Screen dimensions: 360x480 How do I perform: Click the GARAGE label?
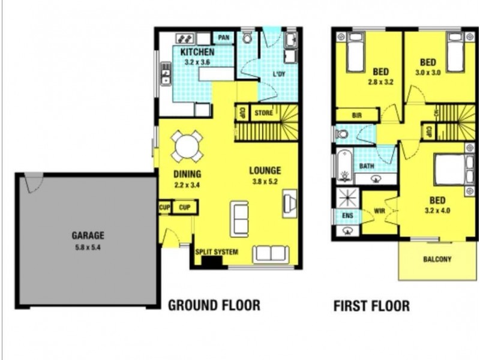click(x=88, y=236)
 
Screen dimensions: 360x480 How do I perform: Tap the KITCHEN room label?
click(x=197, y=52)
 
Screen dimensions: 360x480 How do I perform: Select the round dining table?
click(x=187, y=146)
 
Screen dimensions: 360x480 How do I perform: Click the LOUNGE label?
click(x=265, y=171)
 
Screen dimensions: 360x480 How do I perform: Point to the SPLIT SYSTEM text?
click(x=217, y=252)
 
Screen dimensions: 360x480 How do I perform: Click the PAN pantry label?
click(x=224, y=38)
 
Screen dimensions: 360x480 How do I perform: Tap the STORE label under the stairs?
click(x=263, y=113)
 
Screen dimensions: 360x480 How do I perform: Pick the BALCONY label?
click(x=437, y=260)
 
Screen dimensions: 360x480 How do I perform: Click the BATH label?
click(x=366, y=166)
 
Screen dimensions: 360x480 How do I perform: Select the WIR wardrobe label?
click(x=379, y=211)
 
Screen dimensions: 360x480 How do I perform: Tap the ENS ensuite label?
click(x=347, y=215)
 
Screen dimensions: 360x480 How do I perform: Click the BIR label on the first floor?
click(x=357, y=115)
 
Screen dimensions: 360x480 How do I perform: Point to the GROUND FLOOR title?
click(x=214, y=305)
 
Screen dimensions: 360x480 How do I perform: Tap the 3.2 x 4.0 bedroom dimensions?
click(x=437, y=211)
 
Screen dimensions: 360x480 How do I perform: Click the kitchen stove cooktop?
click(x=184, y=38)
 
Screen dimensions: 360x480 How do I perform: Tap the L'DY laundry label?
click(x=279, y=74)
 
